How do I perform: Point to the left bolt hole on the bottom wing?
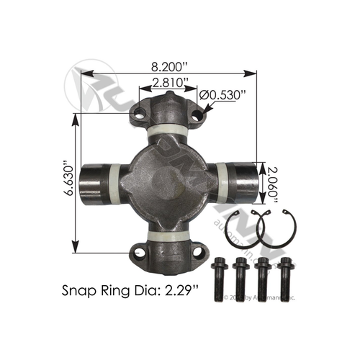[139, 252]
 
